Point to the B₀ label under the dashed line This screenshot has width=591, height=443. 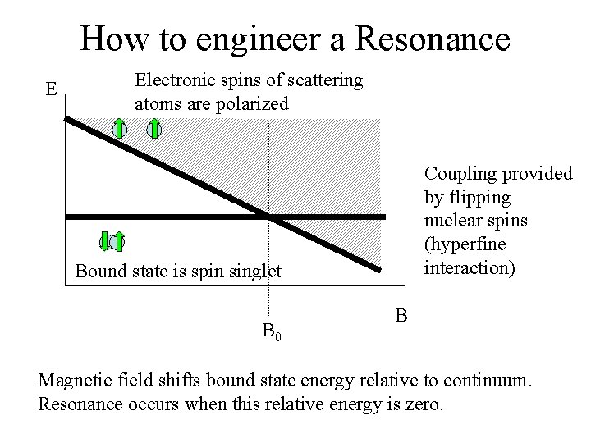coord(272,332)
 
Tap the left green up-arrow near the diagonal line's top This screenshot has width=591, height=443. coord(120,129)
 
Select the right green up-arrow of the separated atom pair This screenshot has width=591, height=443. coord(153,129)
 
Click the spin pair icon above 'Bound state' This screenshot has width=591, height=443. coord(112,241)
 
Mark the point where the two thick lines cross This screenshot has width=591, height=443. coord(268,217)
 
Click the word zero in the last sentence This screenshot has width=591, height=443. coord(422,404)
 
